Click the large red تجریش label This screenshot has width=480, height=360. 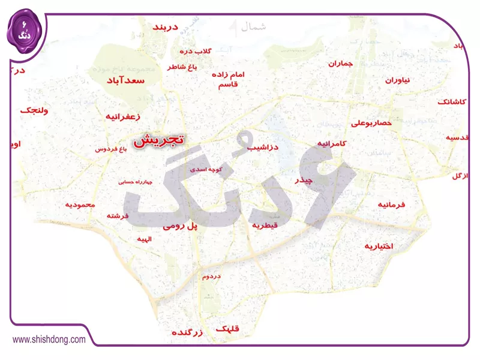159,140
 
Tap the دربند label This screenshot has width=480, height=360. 166,28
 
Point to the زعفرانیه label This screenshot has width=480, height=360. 122,116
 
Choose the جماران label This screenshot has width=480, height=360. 341,63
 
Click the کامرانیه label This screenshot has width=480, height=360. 331,144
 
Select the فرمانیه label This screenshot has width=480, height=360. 391,205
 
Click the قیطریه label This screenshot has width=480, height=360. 265,225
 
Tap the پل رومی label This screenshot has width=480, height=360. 180,226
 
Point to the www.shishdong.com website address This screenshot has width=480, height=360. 49,340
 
